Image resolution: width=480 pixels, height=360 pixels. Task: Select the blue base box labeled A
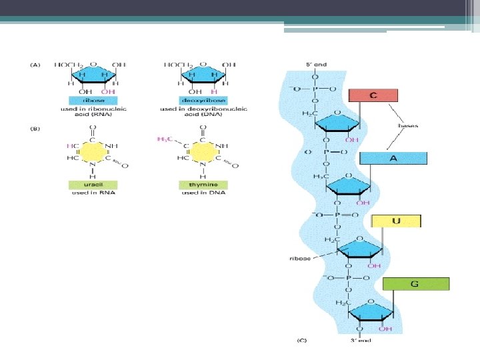click(x=393, y=158)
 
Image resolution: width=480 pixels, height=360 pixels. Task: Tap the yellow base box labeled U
click(x=396, y=221)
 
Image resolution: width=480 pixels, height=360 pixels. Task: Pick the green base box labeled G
click(x=415, y=283)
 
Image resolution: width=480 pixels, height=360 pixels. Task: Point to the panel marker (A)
click(x=36, y=65)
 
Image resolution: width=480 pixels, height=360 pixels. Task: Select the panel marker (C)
click(x=302, y=341)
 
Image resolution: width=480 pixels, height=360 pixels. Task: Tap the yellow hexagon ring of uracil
click(x=92, y=152)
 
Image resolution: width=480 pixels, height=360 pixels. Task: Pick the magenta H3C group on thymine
click(x=163, y=139)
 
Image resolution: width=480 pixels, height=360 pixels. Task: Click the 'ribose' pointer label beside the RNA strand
click(x=299, y=257)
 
